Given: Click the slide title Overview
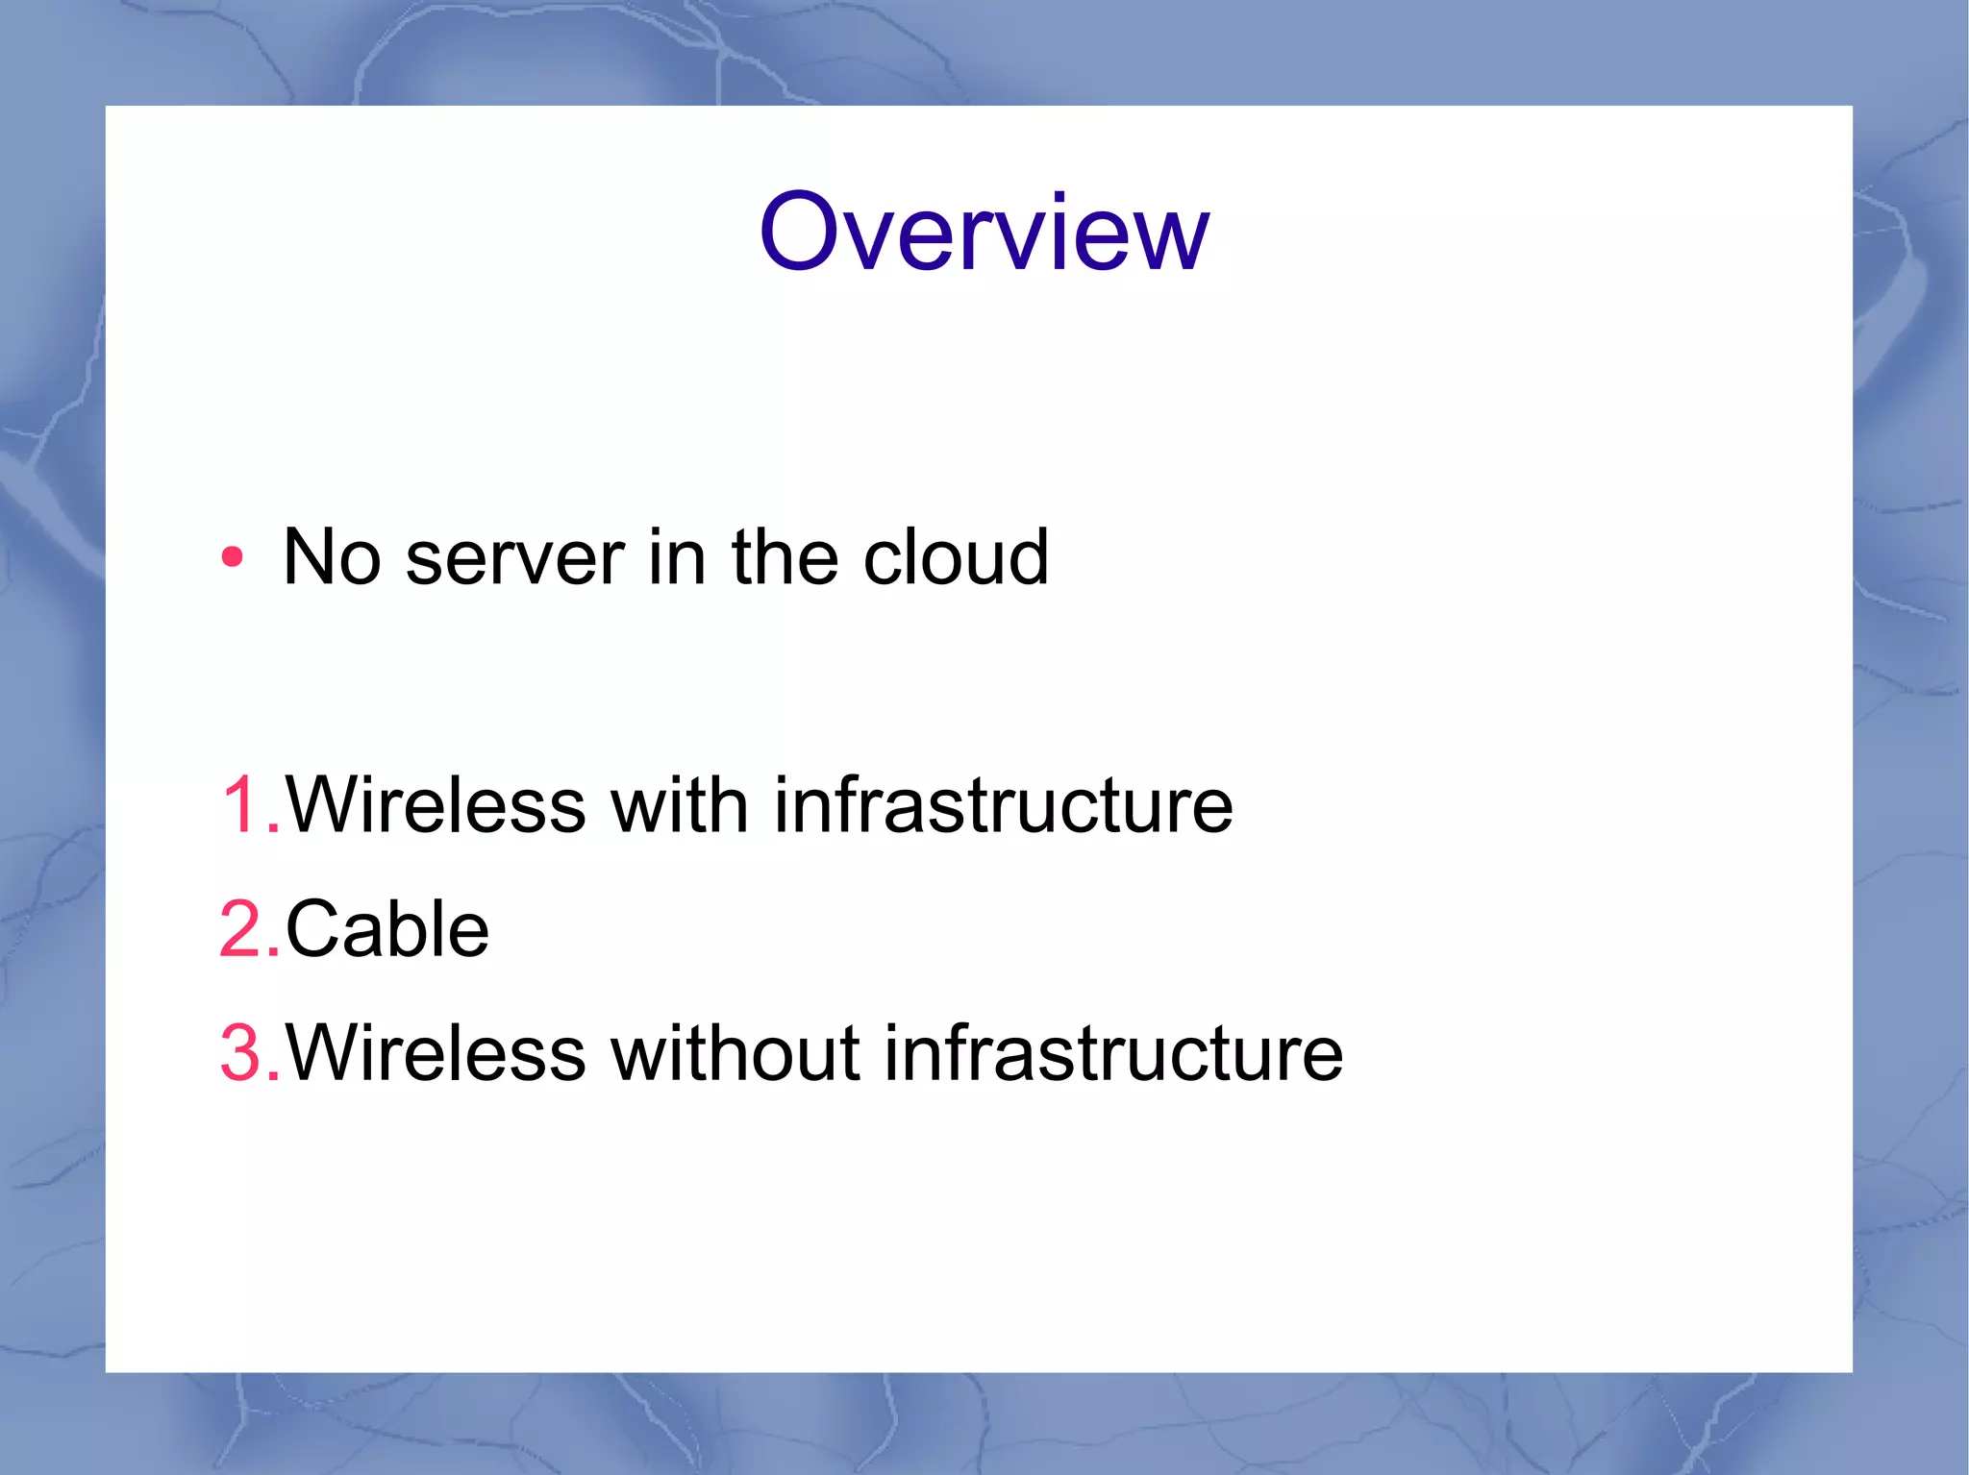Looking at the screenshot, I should [x=984, y=233].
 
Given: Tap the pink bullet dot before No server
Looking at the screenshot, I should [x=232, y=557].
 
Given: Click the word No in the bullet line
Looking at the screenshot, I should [x=332, y=557].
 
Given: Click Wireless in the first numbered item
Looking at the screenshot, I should [x=436, y=805].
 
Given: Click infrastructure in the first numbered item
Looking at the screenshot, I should [x=1003, y=805].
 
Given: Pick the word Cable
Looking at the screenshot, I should [x=387, y=929].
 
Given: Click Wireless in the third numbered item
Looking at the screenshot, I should [x=436, y=1053].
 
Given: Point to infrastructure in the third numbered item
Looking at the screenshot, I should [x=1113, y=1053].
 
